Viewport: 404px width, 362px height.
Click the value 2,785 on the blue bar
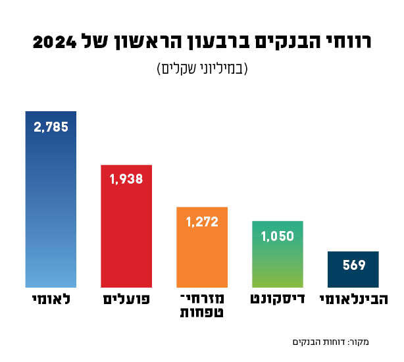pyautogui.click(x=51, y=127)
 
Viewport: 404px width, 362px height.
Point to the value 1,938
pyautogui.click(x=126, y=179)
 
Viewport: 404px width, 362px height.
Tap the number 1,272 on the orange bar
pyautogui.click(x=202, y=222)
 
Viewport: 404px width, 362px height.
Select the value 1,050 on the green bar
pyautogui.click(x=278, y=236)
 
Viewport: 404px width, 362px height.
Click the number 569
pyautogui.click(x=353, y=266)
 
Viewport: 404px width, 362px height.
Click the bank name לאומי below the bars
pyautogui.click(x=51, y=300)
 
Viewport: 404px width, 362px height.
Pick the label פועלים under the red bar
pyautogui.click(x=126, y=300)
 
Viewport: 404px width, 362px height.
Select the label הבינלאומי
pyautogui.click(x=353, y=300)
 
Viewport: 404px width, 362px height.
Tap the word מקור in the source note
pyautogui.click(x=359, y=342)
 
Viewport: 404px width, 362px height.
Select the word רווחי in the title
pyautogui.click(x=346, y=43)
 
